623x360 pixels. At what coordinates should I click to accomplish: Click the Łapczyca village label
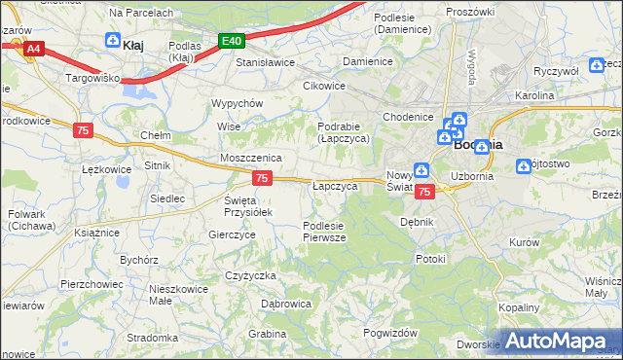tap(335, 186)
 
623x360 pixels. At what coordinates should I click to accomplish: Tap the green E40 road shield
tap(231, 41)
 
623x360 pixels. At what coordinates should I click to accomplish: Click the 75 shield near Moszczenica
tap(262, 177)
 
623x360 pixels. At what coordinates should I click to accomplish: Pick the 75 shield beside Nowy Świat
tap(423, 193)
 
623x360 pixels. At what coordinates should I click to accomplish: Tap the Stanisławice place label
tap(266, 62)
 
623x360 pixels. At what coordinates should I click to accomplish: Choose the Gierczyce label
tap(232, 235)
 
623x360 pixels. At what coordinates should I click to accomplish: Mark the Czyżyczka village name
tap(251, 276)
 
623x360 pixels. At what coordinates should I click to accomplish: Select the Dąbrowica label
tap(286, 305)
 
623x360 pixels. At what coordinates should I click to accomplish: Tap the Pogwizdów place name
tap(388, 333)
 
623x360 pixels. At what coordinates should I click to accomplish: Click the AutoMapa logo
tap(559, 342)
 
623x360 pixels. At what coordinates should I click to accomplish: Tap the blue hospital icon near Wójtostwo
tap(524, 166)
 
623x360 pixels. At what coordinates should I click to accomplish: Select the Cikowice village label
tap(324, 86)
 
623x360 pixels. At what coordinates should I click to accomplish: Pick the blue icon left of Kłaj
tap(111, 42)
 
